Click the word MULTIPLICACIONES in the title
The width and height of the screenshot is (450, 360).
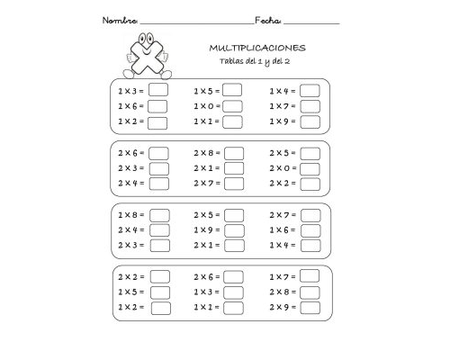click(256, 46)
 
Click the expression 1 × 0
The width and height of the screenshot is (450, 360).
click(203, 105)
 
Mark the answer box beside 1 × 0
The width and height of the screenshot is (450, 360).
click(233, 105)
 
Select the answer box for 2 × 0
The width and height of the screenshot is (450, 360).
click(310, 167)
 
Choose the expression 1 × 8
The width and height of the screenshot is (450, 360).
click(127, 215)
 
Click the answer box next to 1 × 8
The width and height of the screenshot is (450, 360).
click(159, 215)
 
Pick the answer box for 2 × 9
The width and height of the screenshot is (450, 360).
click(310, 308)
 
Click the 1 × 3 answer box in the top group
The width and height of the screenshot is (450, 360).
click(158, 90)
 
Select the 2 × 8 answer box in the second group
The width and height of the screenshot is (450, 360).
click(233, 152)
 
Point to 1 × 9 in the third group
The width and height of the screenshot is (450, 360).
click(203, 229)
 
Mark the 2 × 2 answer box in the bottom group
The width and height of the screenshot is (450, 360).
click(160, 276)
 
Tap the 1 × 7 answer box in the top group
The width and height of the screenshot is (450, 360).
click(310, 105)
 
